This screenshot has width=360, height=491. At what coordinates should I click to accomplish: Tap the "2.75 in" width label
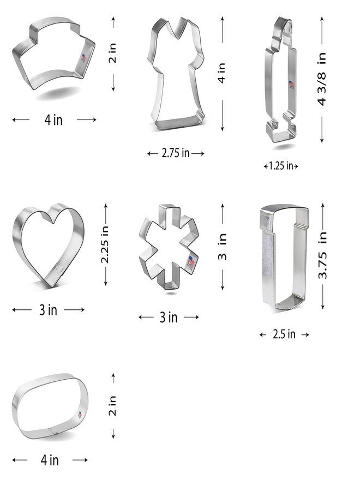[176, 153]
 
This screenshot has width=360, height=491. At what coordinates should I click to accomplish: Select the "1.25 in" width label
[281, 166]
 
